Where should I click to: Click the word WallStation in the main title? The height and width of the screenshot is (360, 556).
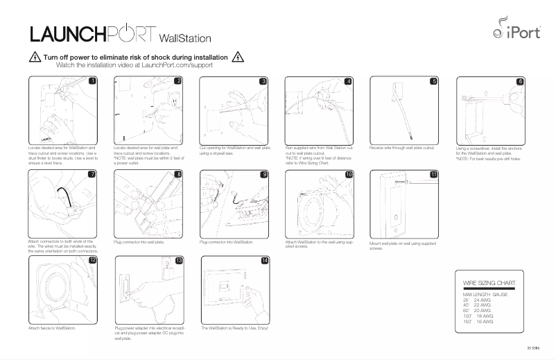pyautogui.click(x=185, y=37)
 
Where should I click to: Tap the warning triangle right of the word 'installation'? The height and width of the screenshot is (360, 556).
pyautogui.click(x=237, y=58)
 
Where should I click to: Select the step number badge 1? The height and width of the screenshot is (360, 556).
pyautogui.click(x=92, y=81)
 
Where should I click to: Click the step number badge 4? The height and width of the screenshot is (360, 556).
pyautogui.click(x=348, y=81)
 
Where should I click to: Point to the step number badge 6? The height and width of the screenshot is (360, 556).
pyautogui.click(x=521, y=81)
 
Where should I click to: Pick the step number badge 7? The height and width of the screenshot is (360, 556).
pyautogui.click(x=92, y=174)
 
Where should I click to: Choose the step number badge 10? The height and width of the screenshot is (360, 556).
pyautogui.click(x=348, y=174)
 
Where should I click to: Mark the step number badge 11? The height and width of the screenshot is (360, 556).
pyautogui.click(x=434, y=174)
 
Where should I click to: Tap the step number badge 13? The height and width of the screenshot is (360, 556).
pyautogui.click(x=178, y=260)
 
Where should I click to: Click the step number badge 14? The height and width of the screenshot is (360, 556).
pyautogui.click(x=264, y=260)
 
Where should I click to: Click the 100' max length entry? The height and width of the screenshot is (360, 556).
pyautogui.click(x=468, y=316)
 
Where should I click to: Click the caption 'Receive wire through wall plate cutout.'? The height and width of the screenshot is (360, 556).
pyautogui.click(x=403, y=148)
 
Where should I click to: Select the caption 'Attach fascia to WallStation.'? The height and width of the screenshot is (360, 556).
pyautogui.click(x=52, y=327)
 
